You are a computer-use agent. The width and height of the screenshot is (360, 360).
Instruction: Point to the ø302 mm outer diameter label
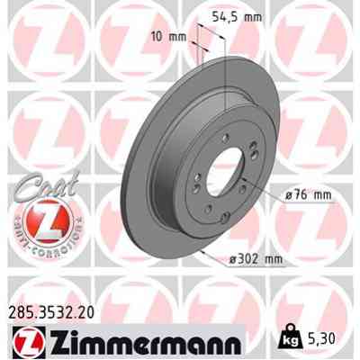click(x=256, y=260)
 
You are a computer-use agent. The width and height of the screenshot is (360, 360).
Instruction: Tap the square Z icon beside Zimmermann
click(x=24, y=343)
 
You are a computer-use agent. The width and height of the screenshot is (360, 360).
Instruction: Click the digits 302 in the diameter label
click(x=252, y=260)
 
